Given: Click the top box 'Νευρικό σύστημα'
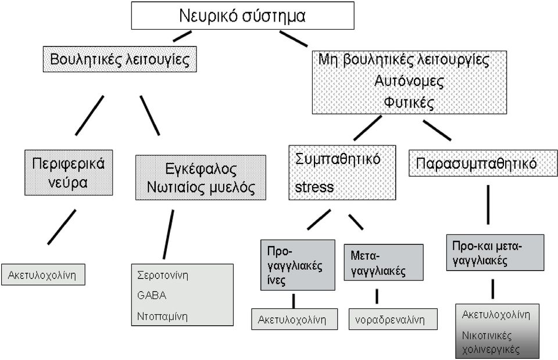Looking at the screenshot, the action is [243, 15].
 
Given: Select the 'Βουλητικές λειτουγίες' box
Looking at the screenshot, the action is [120, 59].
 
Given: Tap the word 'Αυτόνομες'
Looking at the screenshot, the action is [409, 81].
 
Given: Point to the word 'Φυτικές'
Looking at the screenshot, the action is [409, 103].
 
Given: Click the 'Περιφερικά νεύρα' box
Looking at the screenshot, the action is [69, 173].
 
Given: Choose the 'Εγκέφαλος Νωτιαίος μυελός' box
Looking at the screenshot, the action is [201, 177].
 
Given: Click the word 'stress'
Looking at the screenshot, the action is [314, 187].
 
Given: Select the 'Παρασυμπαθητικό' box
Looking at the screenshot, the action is [483, 163].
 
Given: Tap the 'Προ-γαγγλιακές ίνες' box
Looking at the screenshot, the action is [298, 265].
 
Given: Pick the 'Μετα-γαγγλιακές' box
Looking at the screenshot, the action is [384, 262].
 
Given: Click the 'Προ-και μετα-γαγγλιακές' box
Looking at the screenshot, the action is [495, 252].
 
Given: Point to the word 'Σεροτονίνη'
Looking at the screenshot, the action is [163, 275].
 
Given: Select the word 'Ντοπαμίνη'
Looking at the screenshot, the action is [162, 316].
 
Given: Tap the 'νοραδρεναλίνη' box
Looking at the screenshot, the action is [393, 319].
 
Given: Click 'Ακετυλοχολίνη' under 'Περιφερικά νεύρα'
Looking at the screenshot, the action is [43, 275].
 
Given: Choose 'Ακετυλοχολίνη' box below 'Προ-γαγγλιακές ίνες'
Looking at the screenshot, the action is [294, 319].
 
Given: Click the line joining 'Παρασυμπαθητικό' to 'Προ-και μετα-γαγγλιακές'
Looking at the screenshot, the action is [488, 205].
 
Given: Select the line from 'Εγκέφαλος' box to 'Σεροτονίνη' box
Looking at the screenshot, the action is [169, 234].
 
